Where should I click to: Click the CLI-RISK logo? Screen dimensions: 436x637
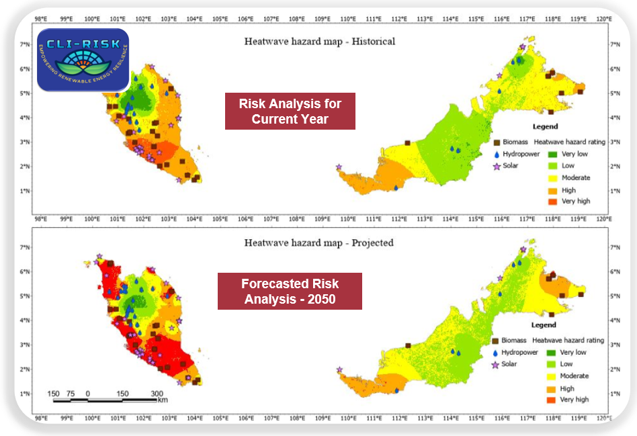pos(83,60)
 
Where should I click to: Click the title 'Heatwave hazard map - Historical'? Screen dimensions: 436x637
pos(319,42)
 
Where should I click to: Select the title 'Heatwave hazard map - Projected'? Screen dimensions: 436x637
pos(318,243)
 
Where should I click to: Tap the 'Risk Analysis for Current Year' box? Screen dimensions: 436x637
pos(290,111)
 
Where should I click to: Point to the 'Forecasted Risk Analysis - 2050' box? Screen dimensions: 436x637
pos(290,291)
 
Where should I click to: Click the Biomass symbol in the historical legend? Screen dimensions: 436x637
pos(497,142)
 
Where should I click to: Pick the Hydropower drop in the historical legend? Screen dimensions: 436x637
pos(497,154)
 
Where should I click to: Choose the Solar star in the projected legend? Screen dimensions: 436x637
pos(496,364)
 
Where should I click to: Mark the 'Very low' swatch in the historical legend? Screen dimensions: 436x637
pos(549,154)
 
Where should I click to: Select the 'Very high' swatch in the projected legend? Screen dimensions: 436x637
pos(549,400)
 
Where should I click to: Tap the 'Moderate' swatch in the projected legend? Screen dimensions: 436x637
pos(549,376)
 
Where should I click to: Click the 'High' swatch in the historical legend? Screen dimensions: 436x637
pos(549,191)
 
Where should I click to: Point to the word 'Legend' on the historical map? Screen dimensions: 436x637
pos(545,126)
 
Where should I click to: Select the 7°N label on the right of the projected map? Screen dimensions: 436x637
pos(614,248)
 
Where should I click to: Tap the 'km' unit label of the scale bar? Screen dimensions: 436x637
pos(162,400)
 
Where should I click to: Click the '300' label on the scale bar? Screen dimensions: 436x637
pos(157,393)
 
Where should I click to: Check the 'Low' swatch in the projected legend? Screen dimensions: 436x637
pos(549,364)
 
